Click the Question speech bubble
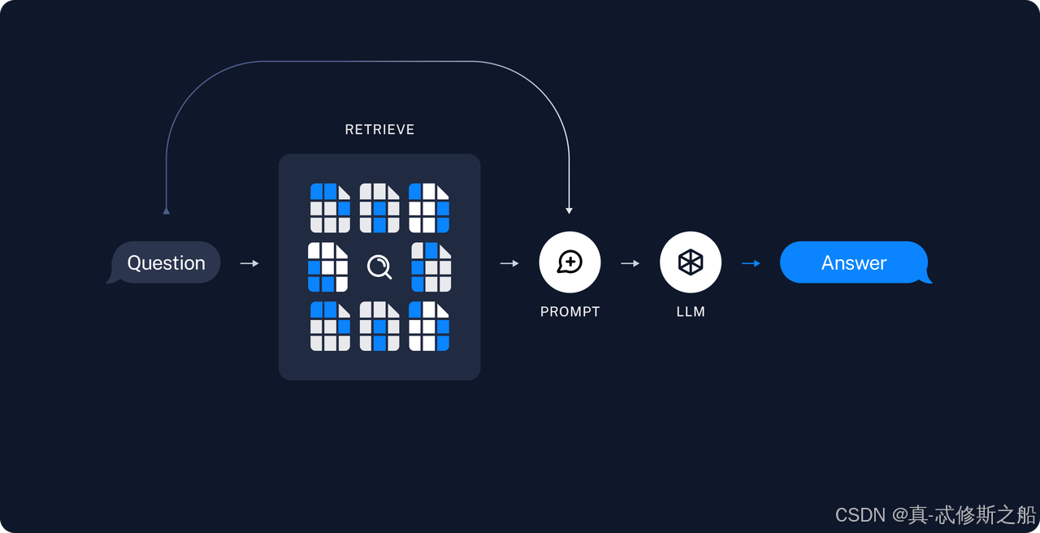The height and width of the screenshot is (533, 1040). click(166, 262)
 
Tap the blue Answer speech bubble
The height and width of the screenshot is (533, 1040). click(854, 262)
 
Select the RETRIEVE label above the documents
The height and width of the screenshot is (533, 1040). click(379, 129)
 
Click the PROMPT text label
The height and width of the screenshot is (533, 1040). click(570, 312)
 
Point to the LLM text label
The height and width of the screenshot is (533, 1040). click(691, 312)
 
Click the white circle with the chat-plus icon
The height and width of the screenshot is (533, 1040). click(570, 262)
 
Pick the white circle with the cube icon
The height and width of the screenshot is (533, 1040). click(691, 262)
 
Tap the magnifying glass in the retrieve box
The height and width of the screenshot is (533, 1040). click(379, 266)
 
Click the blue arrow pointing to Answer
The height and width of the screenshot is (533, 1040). click(751, 263)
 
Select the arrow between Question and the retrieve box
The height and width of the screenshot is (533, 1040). click(249, 263)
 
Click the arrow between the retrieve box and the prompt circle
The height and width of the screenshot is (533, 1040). click(509, 263)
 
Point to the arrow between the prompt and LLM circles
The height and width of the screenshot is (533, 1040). click(630, 263)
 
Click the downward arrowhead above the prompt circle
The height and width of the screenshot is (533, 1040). click(570, 210)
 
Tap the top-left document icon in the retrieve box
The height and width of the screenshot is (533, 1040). click(331, 208)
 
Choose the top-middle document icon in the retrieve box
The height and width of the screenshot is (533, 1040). click(379, 208)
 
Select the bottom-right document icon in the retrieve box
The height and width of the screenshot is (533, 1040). click(429, 327)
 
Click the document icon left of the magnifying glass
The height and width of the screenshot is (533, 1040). click(328, 267)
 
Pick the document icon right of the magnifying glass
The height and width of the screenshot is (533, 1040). click(431, 267)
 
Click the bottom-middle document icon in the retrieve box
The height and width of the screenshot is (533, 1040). click(379, 327)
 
